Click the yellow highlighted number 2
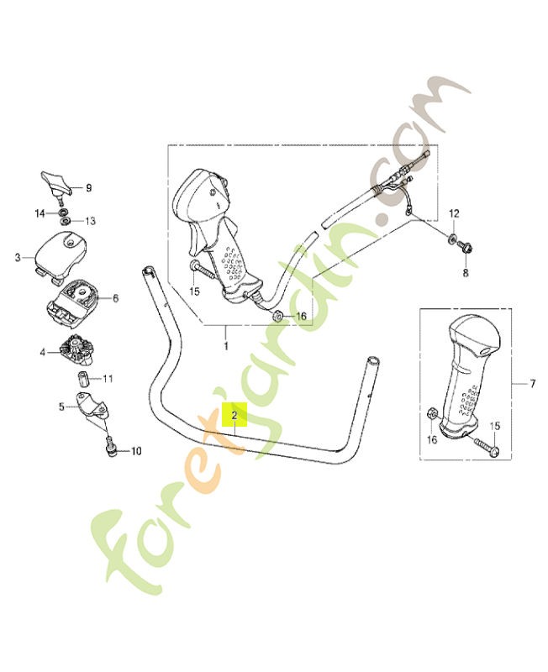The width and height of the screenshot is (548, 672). pos(234,415)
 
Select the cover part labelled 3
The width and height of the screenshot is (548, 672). pos(61,256)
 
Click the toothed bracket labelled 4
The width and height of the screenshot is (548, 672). pos(76,350)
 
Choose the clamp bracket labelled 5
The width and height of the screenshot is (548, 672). pos(93,408)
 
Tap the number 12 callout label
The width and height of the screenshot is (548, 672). pos(454,213)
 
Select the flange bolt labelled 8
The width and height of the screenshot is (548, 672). pos(465,246)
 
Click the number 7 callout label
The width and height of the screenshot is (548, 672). pos(533,384)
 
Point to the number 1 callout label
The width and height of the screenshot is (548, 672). pos(226,345)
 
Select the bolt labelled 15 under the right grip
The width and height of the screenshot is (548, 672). pos(486,446)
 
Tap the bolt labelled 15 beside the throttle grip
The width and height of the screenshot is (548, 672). pos(203,270)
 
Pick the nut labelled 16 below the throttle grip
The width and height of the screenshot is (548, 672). pos(277,317)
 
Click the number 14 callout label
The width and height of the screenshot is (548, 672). pos(40,213)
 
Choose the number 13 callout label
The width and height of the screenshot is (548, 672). pos(90,221)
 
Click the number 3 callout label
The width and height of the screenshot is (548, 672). pos(18,258)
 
